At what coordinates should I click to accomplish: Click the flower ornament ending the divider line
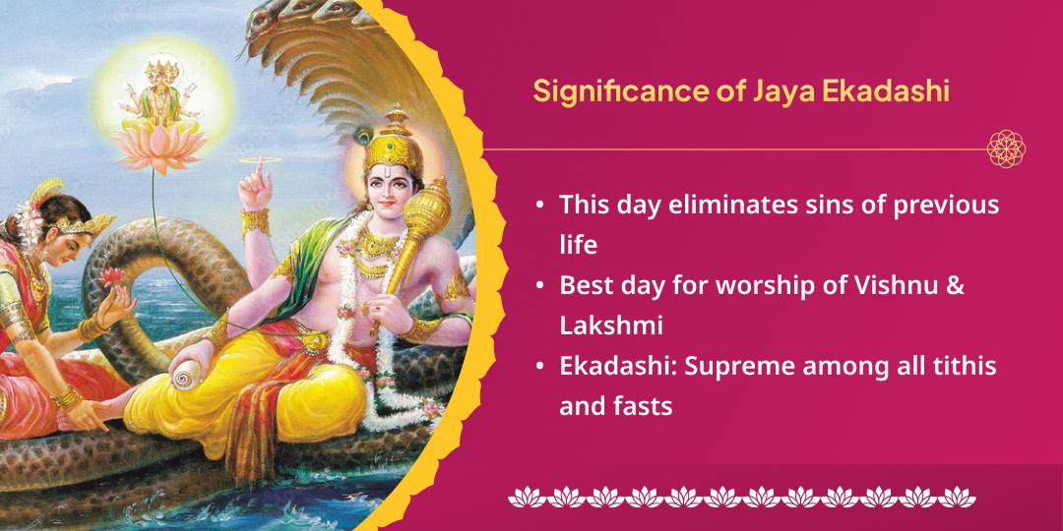point(1005,149)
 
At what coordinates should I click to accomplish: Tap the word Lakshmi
point(609,324)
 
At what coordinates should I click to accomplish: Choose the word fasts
point(645,405)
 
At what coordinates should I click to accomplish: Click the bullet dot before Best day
point(540,286)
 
